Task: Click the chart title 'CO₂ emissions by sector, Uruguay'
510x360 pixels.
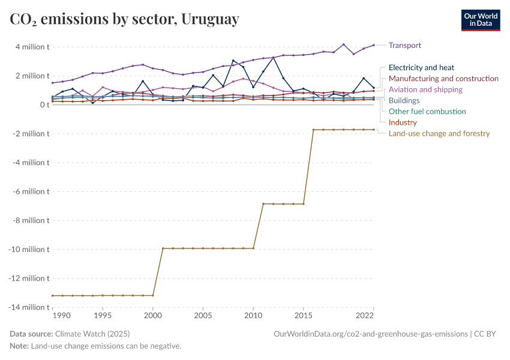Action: coord(124,19)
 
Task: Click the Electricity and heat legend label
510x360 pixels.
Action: coord(421,68)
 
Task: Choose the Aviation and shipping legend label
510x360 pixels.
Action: coord(425,89)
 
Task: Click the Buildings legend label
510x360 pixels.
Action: coord(404,100)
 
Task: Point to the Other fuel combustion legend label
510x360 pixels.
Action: coord(427,111)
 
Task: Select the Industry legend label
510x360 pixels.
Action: coord(403,122)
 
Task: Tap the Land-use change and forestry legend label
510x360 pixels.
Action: coord(439,133)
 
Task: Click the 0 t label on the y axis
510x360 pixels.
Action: coord(43,104)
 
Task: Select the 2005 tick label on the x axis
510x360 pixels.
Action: coord(203,316)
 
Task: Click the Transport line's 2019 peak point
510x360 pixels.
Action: coord(343,44)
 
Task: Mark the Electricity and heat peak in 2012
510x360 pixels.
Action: coord(273,58)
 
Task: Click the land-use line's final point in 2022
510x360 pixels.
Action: coord(373,130)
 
